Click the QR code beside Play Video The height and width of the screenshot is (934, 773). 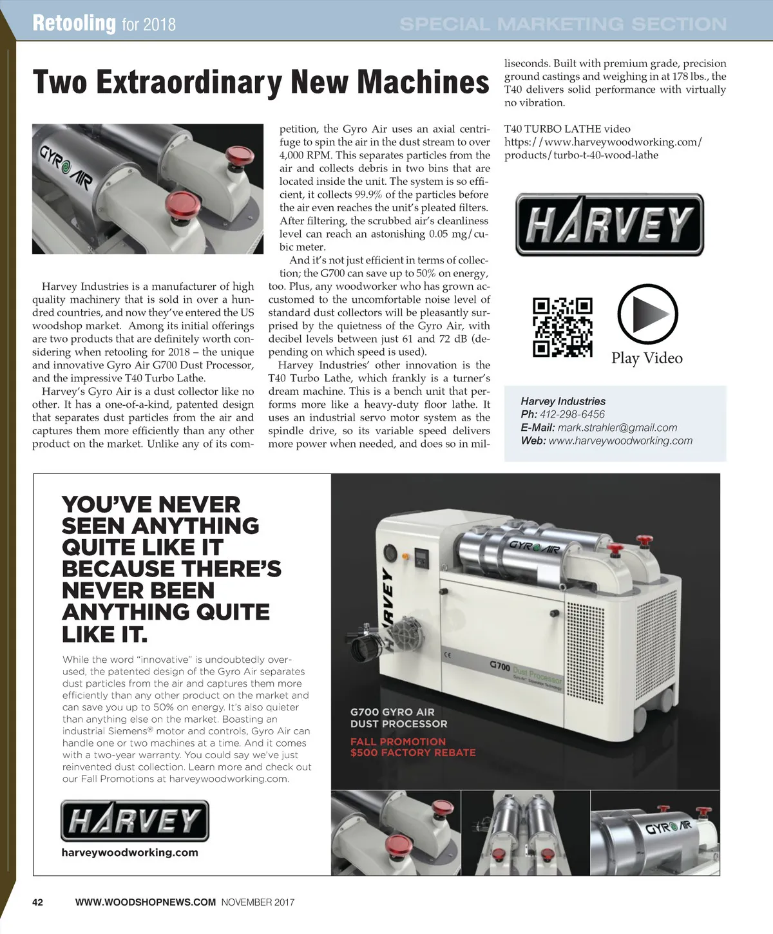pos(562,327)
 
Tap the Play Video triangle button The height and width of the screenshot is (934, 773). pos(647,314)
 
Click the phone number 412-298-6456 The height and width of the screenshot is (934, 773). pos(572,414)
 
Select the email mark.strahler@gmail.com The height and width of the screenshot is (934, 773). pos(617,428)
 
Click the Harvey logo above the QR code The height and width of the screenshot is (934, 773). pos(609,225)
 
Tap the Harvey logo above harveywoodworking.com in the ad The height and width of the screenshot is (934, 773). pos(135,821)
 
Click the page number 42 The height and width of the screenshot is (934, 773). pos(38,902)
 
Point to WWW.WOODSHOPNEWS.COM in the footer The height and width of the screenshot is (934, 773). pos(146,902)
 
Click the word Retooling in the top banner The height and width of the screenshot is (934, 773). pos(74,23)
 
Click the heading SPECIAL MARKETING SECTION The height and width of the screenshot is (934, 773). pos(562,24)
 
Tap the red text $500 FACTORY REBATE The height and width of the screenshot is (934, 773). pos(413,752)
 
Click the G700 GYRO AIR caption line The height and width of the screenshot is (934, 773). pos(392,712)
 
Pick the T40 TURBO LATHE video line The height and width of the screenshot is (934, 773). pos(567,129)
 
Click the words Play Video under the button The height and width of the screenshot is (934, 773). pos(647,358)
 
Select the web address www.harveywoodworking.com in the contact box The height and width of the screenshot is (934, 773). pos(620,441)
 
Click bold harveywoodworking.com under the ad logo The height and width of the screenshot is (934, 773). pos(129,853)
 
